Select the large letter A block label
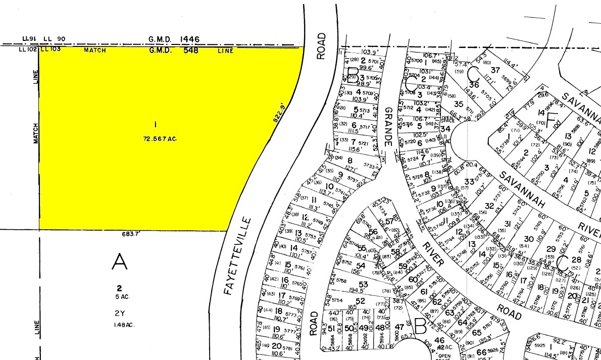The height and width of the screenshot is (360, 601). click(x=119, y=262)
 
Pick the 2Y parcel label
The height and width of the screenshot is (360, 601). click(x=119, y=313)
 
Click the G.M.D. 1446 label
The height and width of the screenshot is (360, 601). click(x=174, y=39)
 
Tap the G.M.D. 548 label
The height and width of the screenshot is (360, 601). click(x=174, y=50)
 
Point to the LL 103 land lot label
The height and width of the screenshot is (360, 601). click(x=51, y=49)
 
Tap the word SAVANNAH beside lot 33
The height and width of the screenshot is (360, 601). click(x=524, y=189)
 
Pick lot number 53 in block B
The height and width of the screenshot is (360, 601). click(x=364, y=285)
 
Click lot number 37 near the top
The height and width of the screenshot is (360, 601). click(x=495, y=70)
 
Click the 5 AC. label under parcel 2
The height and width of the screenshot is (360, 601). click(x=121, y=297)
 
